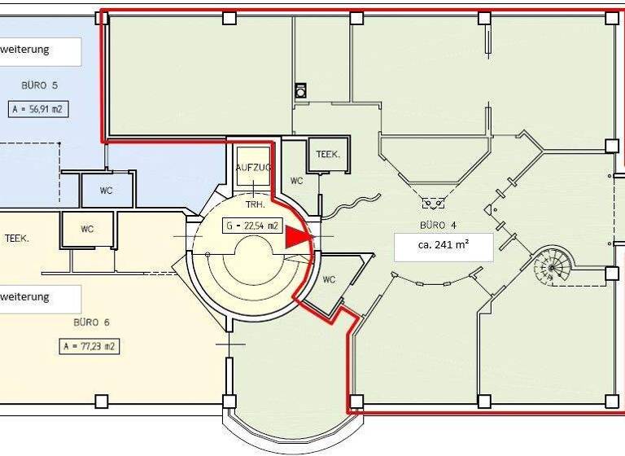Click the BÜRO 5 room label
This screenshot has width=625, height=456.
(40, 85)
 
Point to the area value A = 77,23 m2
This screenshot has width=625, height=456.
(89, 346)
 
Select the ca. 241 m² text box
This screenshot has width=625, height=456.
(444, 247)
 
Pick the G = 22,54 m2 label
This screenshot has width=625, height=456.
(252, 226)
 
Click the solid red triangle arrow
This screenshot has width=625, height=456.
(297, 236)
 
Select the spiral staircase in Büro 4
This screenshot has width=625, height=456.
(553, 266)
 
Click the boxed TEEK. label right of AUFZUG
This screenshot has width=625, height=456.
(327, 154)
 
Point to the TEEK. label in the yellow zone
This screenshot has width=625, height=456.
(17, 239)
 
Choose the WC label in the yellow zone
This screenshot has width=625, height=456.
(87, 230)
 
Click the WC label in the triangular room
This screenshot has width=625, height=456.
(329, 279)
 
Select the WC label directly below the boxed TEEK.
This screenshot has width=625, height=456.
(296, 181)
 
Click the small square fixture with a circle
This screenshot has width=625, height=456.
(301, 91)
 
